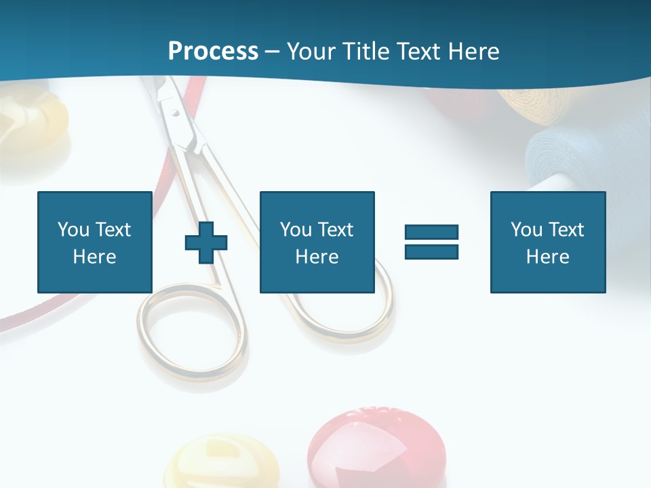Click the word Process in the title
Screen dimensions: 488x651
coord(213,51)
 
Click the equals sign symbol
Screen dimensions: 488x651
coord(431,242)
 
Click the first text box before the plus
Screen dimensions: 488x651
coord(95,242)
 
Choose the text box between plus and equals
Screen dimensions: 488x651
coord(317,242)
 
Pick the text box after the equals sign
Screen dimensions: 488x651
coord(547,242)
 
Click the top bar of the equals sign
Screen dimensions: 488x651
coord(431,232)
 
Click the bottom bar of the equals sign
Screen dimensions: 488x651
coord(431,251)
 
